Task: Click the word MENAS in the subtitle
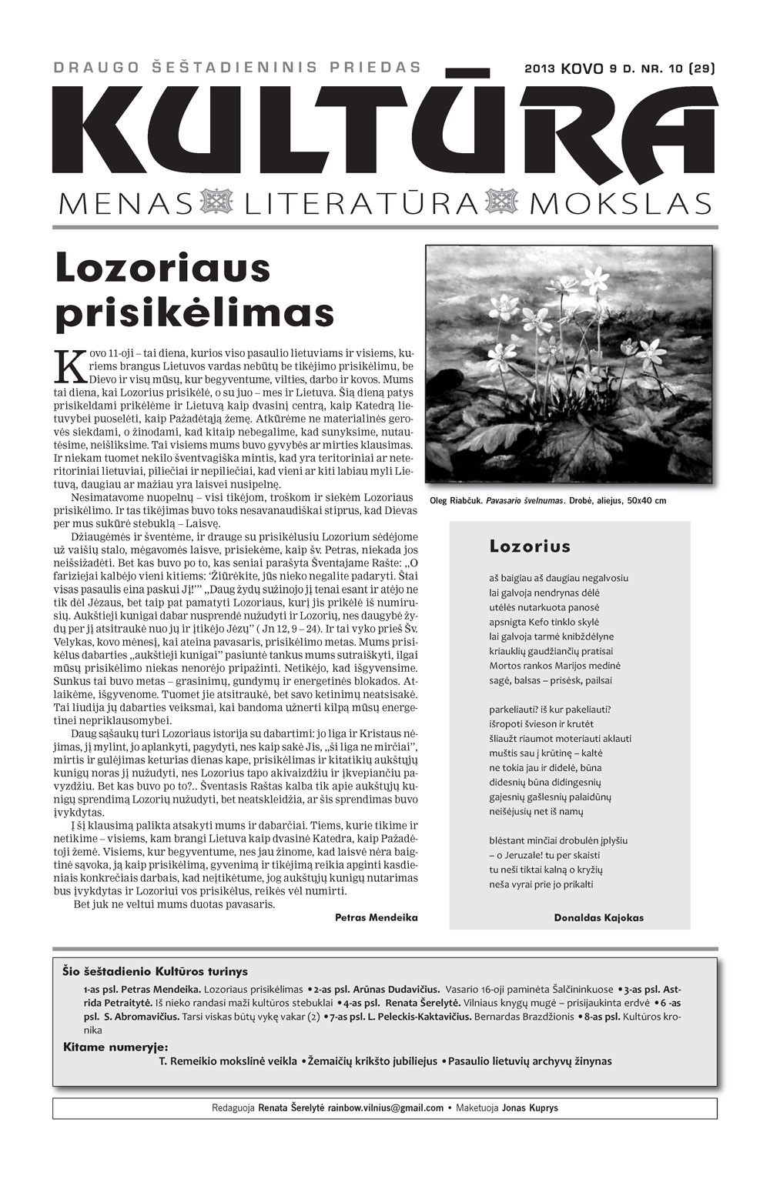(124, 204)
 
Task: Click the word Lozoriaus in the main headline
(163, 269)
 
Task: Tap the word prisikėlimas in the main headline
(195, 313)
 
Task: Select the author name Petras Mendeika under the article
(376, 917)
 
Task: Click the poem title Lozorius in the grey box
(530, 547)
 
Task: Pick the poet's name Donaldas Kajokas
(598, 917)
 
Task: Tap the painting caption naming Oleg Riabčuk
(547, 501)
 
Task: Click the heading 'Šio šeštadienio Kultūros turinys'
(155, 972)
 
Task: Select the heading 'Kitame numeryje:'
(115, 1047)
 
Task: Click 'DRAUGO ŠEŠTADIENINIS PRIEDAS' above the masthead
(237, 68)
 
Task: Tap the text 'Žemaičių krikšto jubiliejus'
(373, 1061)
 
